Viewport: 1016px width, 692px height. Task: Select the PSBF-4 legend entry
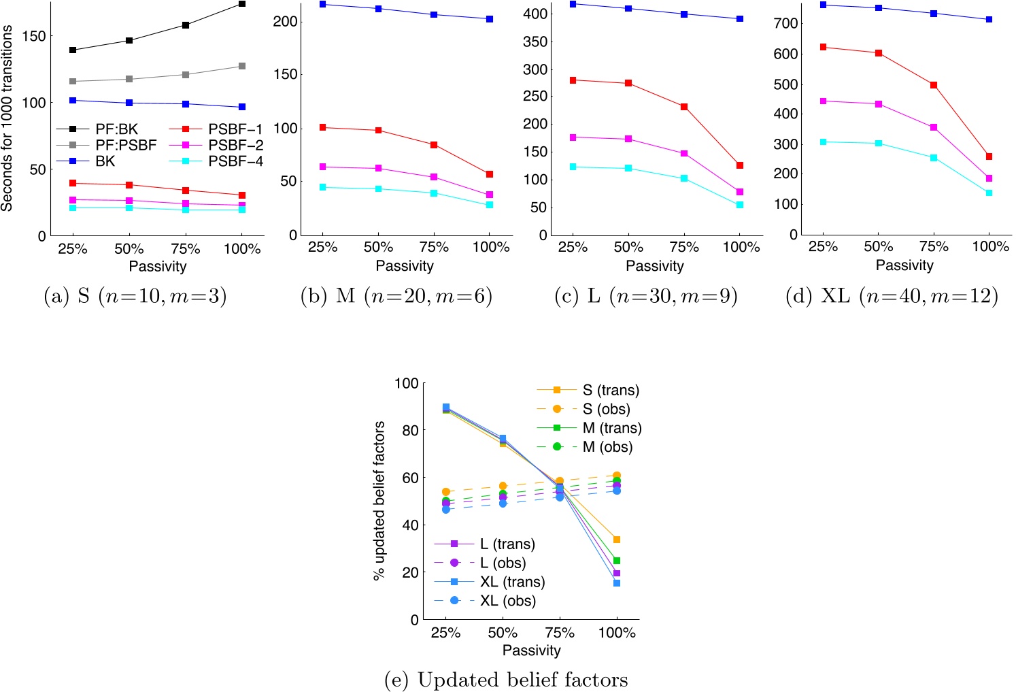click(x=235, y=161)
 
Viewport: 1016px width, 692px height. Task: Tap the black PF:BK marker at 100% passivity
click(x=242, y=4)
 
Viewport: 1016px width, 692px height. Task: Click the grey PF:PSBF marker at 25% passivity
click(x=73, y=82)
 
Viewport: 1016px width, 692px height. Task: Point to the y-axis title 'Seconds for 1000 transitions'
click(x=7, y=118)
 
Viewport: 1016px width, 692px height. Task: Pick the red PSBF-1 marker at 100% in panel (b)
click(x=490, y=174)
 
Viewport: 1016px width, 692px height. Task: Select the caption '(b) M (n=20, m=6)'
click(x=396, y=296)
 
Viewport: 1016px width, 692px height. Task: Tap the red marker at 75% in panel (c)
click(x=684, y=107)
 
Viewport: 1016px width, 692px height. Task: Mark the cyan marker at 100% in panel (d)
click(x=989, y=193)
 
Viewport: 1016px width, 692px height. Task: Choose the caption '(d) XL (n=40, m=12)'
click(x=892, y=296)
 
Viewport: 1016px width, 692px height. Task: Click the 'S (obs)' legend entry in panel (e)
click(x=606, y=409)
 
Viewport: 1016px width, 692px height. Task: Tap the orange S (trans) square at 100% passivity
click(x=617, y=540)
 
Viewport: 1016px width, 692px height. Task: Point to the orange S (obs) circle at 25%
click(x=446, y=491)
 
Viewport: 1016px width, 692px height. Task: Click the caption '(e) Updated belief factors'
click(x=506, y=679)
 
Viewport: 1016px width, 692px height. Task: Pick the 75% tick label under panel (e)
click(x=560, y=633)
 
